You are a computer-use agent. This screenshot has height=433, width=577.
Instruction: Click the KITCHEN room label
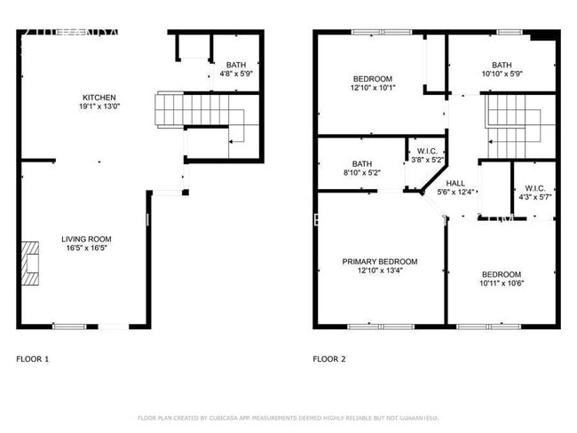99,98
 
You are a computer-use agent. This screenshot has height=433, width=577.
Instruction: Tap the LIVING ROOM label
86,239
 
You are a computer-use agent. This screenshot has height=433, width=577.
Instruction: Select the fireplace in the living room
32,263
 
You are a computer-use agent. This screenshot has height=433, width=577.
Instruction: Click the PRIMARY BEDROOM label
380,262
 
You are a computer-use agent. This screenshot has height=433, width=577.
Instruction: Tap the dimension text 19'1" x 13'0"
99,107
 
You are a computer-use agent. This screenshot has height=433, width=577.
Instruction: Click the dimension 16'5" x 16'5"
86,248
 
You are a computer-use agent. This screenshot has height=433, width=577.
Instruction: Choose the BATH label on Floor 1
235,65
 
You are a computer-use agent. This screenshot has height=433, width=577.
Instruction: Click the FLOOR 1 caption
33,359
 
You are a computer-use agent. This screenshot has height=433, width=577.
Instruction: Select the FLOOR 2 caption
329,359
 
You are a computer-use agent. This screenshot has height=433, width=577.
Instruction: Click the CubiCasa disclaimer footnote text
288,417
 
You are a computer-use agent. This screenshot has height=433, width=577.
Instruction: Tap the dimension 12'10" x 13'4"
380,272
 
